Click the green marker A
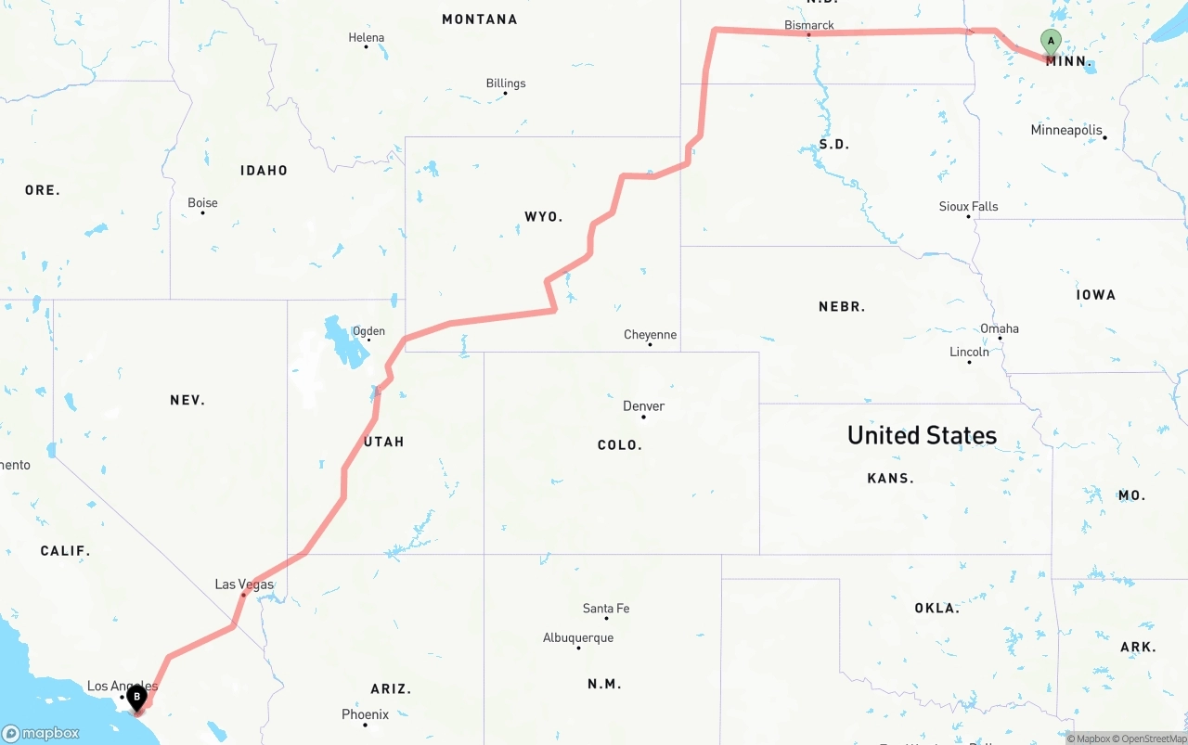click(1051, 42)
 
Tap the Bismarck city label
click(809, 25)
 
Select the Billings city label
click(506, 83)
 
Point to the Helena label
click(367, 38)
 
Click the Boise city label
click(202, 203)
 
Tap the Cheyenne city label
click(650, 335)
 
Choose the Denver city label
click(643, 406)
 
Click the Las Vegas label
click(244, 584)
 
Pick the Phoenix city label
click(365, 714)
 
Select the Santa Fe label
click(606, 609)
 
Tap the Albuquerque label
click(578, 638)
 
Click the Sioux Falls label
click(968, 207)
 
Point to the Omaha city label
click(1000, 329)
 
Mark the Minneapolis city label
click(1066, 131)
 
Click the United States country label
click(922, 435)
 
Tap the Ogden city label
click(368, 331)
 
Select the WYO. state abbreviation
click(543, 217)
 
